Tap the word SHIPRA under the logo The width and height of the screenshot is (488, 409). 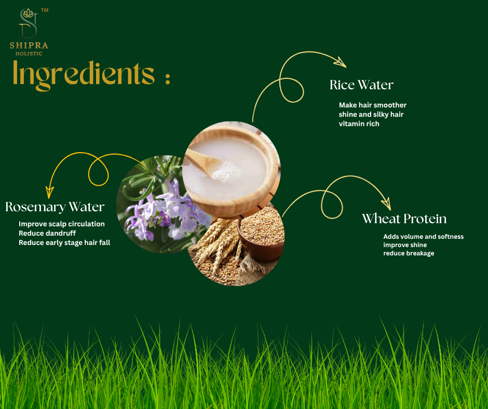point(29,45)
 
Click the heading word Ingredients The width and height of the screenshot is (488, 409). point(84,74)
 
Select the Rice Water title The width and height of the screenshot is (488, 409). point(361,85)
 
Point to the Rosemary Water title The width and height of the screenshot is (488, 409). point(55,207)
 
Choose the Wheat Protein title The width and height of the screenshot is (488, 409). point(404,219)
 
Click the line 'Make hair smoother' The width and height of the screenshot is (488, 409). point(372,105)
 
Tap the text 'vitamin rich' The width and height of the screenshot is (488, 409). point(359,124)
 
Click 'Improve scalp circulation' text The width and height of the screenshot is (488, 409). point(62,224)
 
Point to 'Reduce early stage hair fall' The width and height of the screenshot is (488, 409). point(64,242)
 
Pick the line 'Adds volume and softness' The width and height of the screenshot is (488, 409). point(423,236)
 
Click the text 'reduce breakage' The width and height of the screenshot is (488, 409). point(409,253)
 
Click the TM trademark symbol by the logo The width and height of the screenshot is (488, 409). point(45,10)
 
